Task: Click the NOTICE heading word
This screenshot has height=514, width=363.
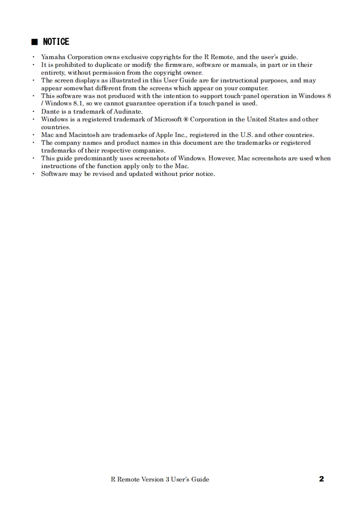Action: coord(56,42)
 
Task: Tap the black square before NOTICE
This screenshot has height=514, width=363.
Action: coord(34,42)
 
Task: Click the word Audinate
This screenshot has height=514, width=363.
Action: coord(128,111)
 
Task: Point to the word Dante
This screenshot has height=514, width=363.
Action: coord(50,111)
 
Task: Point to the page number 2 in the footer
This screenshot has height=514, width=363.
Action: coord(321,479)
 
